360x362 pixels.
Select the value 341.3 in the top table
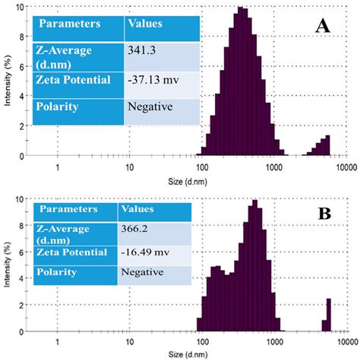(142, 50)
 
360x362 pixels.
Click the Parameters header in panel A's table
(69, 24)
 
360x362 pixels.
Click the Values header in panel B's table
(137, 208)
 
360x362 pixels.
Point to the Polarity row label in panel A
(58, 106)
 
